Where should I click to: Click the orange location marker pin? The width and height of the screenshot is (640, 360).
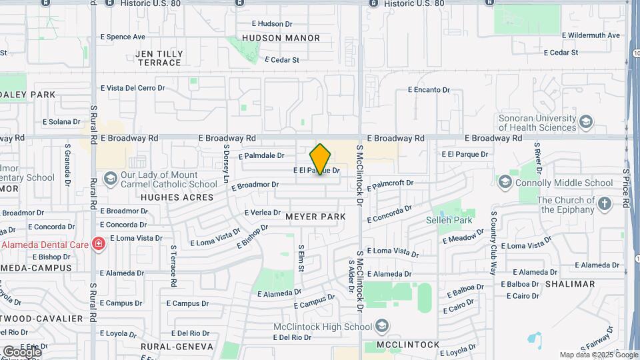click(320, 159)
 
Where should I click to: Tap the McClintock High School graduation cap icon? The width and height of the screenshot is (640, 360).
click(382, 327)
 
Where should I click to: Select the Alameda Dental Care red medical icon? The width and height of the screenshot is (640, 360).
click(99, 245)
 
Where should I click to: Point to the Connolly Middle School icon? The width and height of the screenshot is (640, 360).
click(505, 183)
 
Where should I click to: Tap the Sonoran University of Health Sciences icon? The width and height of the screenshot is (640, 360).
click(585, 122)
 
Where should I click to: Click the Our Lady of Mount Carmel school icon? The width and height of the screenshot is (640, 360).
click(110, 178)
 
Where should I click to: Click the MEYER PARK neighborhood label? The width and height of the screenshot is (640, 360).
click(315, 217)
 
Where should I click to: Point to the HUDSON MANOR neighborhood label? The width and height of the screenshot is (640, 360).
click(281, 38)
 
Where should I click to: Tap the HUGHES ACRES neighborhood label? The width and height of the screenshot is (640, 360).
click(177, 197)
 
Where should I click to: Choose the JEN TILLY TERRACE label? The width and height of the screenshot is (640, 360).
click(159, 58)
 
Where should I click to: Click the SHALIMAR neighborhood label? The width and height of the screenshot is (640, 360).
click(569, 284)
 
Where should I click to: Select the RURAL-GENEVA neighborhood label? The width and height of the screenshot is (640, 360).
click(177, 347)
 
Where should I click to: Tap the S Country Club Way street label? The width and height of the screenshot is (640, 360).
click(494, 243)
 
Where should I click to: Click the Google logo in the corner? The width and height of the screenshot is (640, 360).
click(22, 351)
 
